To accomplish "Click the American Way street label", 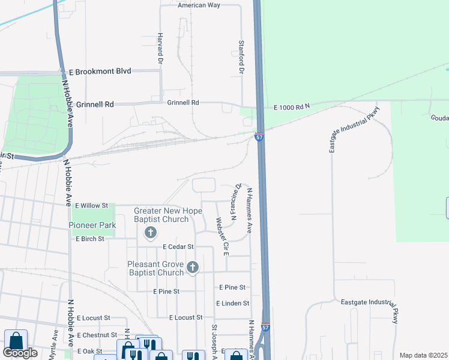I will tap(199, 5).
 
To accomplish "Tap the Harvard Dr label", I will tap(160, 49).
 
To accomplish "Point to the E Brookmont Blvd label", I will tap(100, 71).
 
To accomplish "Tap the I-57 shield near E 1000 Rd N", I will tap(259, 137).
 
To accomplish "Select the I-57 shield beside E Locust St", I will tap(266, 328).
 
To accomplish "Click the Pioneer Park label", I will tap(92, 226).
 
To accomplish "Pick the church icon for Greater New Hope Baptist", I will tap(151, 232).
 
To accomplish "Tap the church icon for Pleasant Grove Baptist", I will tap(192, 267).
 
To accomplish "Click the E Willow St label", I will tap(89, 205).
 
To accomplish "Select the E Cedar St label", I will tap(178, 247).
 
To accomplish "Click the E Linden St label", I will tap(232, 304).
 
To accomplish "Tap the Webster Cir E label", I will tap(222, 236).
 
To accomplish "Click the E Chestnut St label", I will tap(97, 335).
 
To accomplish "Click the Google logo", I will tap(20, 353).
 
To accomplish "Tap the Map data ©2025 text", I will tap(423, 355).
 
